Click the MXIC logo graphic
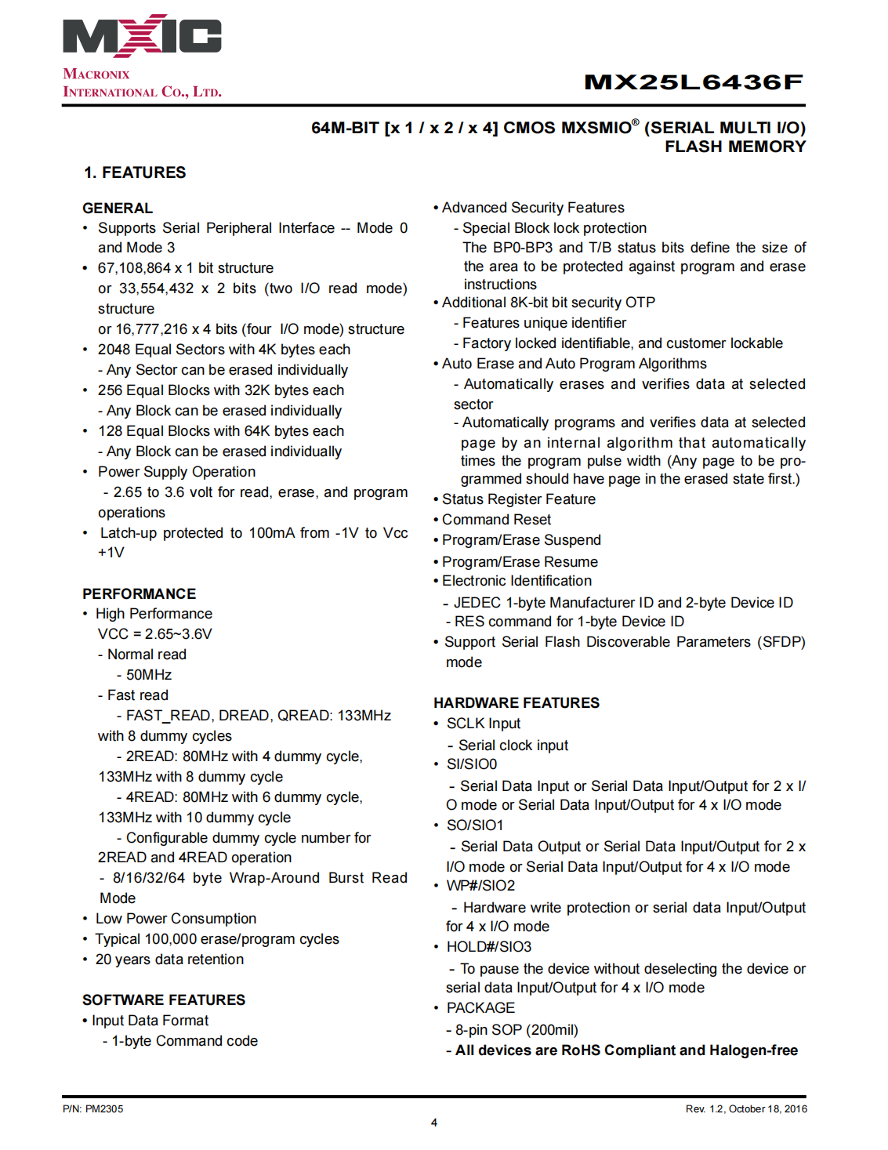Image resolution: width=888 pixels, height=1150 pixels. (142, 36)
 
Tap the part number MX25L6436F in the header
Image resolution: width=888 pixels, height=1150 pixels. (694, 82)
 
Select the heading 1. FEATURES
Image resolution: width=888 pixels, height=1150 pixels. (135, 172)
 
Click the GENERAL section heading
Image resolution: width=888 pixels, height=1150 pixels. (118, 208)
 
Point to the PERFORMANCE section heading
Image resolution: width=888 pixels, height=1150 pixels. (139, 593)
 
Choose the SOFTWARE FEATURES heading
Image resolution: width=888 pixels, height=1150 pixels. (164, 999)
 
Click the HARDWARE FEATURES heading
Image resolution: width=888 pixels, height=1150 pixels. (516, 702)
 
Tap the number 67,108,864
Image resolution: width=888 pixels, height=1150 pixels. (134, 268)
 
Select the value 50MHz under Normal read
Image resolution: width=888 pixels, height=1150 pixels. (149, 675)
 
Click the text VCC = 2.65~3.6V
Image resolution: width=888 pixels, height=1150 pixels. (154, 634)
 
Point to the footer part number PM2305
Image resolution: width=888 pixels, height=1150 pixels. (104, 1108)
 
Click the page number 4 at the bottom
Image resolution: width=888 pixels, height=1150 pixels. (434, 1123)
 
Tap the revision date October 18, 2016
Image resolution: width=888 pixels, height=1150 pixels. (768, 1108)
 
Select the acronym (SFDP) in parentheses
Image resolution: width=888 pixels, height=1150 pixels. (781, 642)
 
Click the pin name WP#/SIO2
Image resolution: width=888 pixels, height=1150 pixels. (480, 886)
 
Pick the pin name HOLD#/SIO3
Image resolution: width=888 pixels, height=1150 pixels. (489, 947)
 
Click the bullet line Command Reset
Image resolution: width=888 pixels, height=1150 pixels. (496, 520)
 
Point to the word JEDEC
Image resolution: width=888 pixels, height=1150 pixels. (477, 603)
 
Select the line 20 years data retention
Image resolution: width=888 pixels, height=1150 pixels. (169, 960)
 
